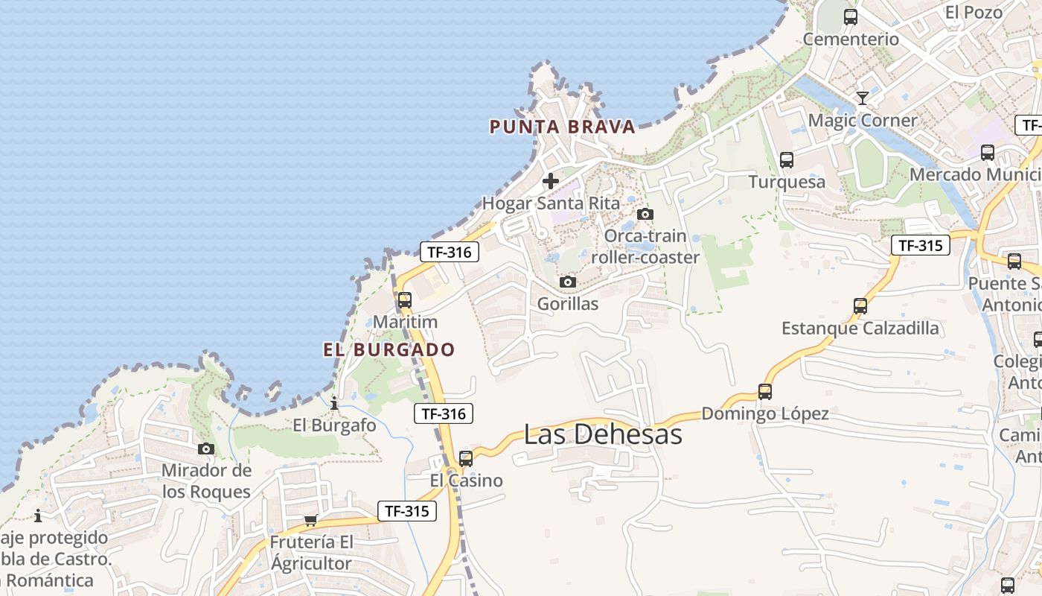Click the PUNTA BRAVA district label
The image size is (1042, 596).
(562, 127)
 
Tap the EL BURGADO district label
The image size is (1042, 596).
(389, 349)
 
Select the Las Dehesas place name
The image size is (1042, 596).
(603, 434)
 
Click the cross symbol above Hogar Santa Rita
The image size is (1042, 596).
(551, 181)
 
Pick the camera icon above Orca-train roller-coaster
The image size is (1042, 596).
(645, 215)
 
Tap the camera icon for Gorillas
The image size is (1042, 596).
(568, 282)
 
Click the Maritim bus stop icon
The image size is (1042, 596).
(405, 300)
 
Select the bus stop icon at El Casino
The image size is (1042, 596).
(466, 459)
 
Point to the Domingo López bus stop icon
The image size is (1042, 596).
(765, 392)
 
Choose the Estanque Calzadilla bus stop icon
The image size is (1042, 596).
(860, 306)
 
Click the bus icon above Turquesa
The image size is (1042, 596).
(787, 159)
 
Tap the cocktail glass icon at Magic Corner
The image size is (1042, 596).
(863, 98)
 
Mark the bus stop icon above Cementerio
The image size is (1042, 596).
(851, 17)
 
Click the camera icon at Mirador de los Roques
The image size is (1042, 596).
(206, 448)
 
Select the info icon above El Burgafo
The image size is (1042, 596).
(334, 404)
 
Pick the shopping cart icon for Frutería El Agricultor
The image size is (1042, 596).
(311, 520)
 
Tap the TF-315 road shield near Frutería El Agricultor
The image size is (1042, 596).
(406, 511)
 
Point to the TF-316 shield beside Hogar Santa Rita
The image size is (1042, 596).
(449, 252)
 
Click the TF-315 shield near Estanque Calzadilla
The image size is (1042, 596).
(921, 245)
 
